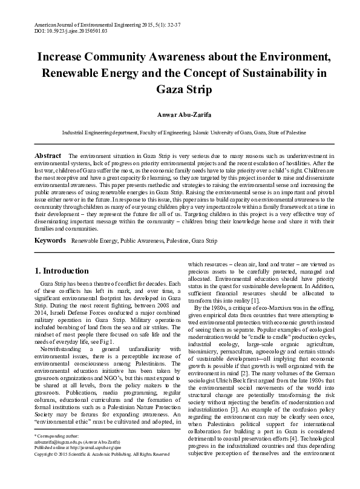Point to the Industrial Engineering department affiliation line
(180, 131)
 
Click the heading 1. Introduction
(62, 271)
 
